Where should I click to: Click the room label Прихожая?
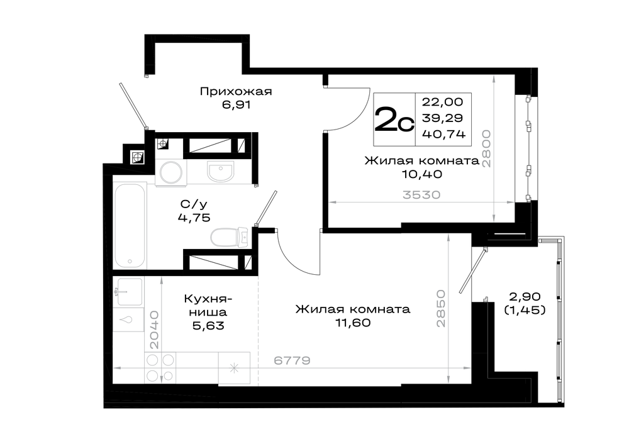(x=235, y=92)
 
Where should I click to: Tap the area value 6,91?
(x=235, y=105)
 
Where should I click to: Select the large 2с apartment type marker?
(x=394, y=120)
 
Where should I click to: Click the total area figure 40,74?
(x=443, y=134)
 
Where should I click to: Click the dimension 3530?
(x=421, y=195)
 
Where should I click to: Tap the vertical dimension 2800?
(x=486, y=148)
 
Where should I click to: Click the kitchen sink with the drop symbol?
(x=129, y=319)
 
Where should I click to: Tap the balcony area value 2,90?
(x=524, y=296)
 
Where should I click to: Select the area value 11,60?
(x=353, y=323)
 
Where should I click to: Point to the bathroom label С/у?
(x=193, y=204)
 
